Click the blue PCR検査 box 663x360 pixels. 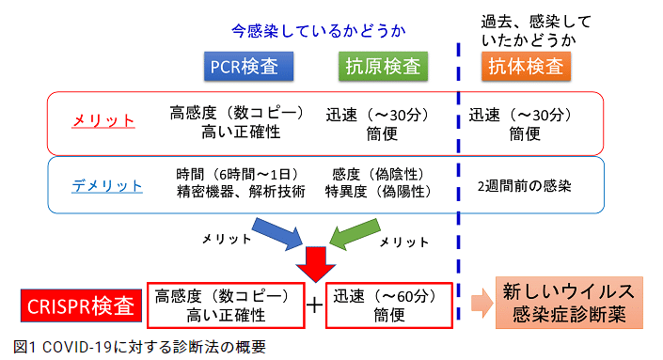click(248, 66)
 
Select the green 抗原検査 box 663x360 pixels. click(382, 66)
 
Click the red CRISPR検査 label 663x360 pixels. click(79, 305)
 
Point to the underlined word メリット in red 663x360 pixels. click(104, 121)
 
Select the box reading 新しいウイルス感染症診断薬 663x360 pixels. click(569, 304)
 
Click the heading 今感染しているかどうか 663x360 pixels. click(320, 31)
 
